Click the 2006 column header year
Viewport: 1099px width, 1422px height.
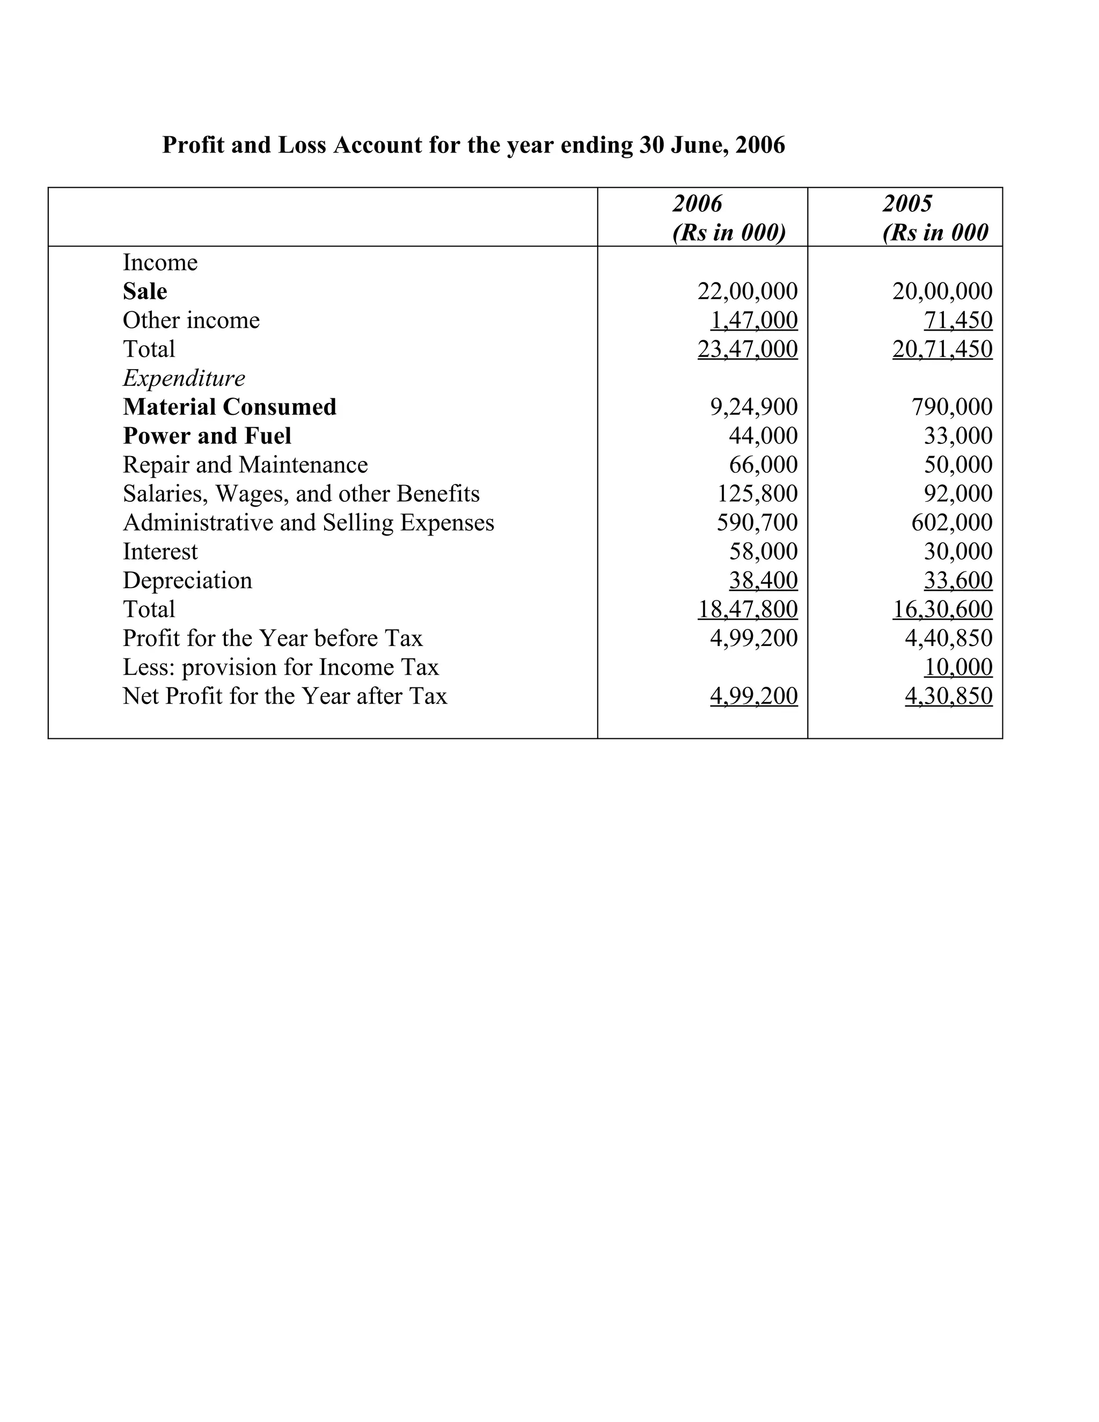(697, 204)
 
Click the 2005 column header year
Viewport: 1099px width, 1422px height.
(907, 204)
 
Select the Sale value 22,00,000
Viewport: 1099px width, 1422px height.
(747, 291)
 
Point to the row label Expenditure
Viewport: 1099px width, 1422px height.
(184, 378)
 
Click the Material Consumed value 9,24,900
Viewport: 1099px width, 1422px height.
(753, 407)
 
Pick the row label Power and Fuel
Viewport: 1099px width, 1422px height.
(207, 436)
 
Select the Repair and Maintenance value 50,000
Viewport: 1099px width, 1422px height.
(958, 465)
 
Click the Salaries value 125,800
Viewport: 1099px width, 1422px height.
(757, 494)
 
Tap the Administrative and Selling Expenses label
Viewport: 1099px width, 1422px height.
(308, 523)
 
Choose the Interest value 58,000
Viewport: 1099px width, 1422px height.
(763, 552)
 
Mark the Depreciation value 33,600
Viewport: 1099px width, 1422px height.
(958, 580)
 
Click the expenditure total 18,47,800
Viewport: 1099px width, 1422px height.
(747, 610)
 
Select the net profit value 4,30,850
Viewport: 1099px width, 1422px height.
(948, 696)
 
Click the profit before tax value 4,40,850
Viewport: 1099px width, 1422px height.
(948, 638)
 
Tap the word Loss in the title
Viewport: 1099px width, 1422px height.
(302, 144)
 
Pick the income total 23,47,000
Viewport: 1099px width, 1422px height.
(747, 349)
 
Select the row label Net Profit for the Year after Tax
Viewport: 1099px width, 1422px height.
(284, 696)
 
